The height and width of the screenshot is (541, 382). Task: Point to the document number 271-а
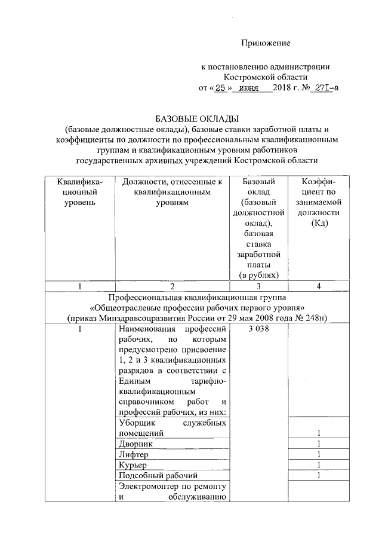click(324, 88)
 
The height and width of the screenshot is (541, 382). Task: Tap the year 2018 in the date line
click(281, 88)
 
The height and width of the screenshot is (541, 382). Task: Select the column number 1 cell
click(79, 286)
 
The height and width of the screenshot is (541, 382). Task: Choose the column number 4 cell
click(319, 286)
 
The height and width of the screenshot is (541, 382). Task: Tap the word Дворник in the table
click(135, 444)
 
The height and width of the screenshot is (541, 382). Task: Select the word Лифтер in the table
click(133, 454)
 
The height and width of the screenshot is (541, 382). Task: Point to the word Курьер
click(133, 465)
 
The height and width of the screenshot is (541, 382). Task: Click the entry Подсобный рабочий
click(158, 476)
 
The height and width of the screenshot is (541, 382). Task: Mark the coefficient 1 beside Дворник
click(319, 444)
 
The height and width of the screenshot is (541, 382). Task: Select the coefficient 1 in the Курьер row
click(319, 465)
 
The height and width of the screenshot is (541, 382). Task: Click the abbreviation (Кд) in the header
click(319, 223)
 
